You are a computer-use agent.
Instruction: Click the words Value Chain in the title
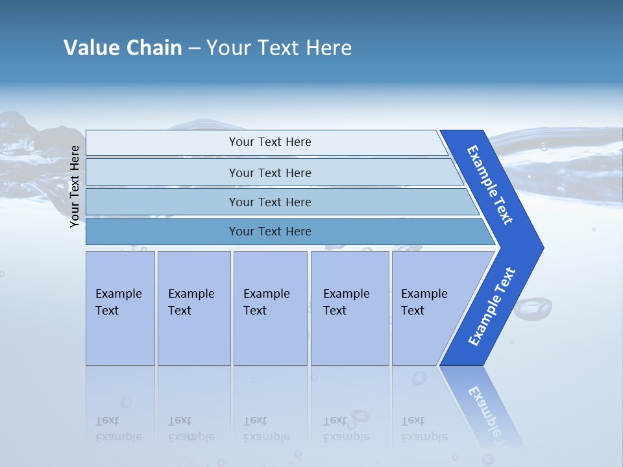tap(123, 48)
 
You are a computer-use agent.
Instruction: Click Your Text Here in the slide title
tap(279, 48)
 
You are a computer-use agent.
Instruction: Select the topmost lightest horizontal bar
tap(266, 142)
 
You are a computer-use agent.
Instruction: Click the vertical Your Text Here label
tap(75, 186)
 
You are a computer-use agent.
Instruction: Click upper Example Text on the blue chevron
tap(491, 184)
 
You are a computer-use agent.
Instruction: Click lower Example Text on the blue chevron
tap(492, 307)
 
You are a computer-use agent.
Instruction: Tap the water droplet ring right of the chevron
tap(533, 307)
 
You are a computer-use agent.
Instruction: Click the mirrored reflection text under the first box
tap(119, 429)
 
